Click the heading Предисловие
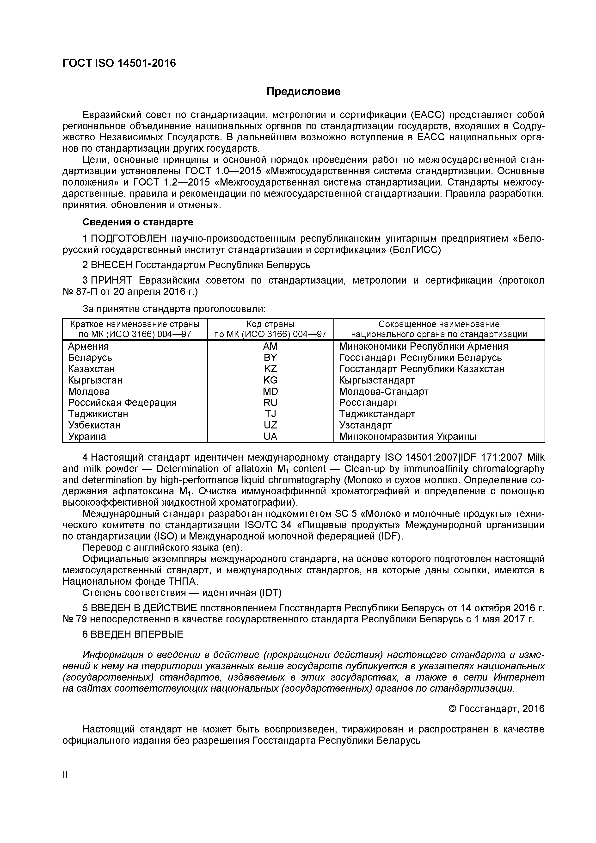tap(303, 91)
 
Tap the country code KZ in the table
tap(270, 369)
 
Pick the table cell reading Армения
tap(88, 346)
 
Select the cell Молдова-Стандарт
tap(383, 391)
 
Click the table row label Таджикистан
tap(98, 414)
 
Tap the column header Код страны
tap(270, 324)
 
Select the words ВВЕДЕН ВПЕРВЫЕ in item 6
tap(137, 634)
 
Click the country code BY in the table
tap(270, 358)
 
